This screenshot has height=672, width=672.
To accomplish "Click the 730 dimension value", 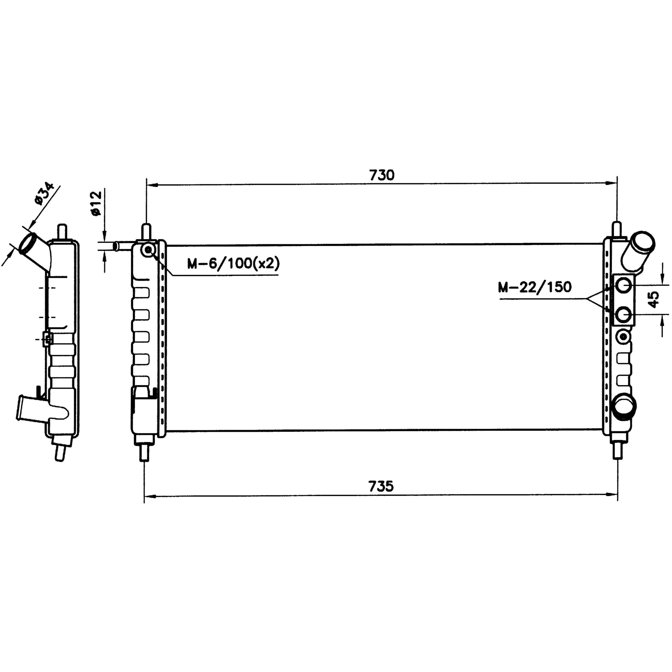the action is (x=382, y=175).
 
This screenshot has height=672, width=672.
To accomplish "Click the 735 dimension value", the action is (x=381, y=486).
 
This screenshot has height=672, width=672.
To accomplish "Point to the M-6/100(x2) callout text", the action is (x=233, y=264).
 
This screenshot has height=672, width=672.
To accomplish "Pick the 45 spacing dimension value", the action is (x=654, y=300).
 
